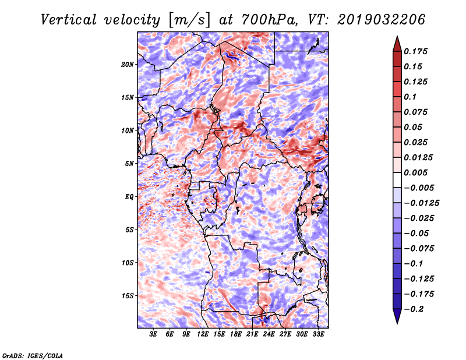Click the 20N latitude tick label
[x=128, y=64]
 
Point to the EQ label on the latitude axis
[x=129, y=196]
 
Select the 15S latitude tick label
[x=128, y=295]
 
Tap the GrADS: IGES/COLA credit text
[x=33, y=355]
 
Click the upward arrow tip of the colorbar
[x=396, y=38]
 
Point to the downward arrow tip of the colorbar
[x=396, y=322]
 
